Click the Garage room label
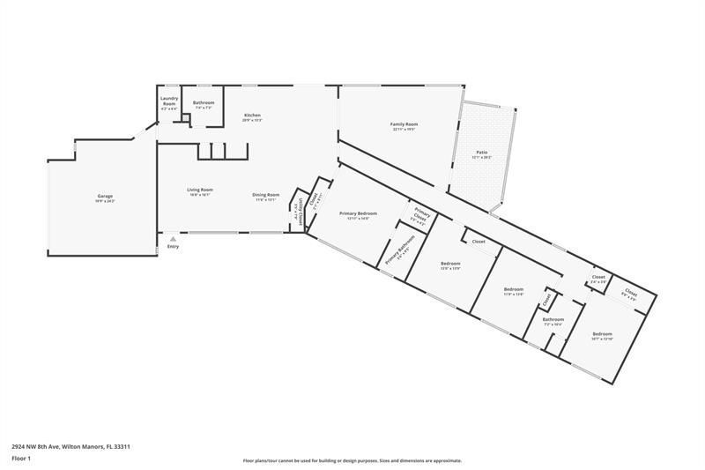point(105,196)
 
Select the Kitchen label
point(253,116)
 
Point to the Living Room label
point(199,190)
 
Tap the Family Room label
point(404,124)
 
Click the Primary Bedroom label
point(359,213)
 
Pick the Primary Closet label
point(421,216)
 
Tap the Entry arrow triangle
point(173,238)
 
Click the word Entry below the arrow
point(173,246)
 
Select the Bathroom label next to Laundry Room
point(204,103)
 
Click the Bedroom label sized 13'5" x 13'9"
point(450,264)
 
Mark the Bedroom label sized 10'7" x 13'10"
point(602,334)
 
